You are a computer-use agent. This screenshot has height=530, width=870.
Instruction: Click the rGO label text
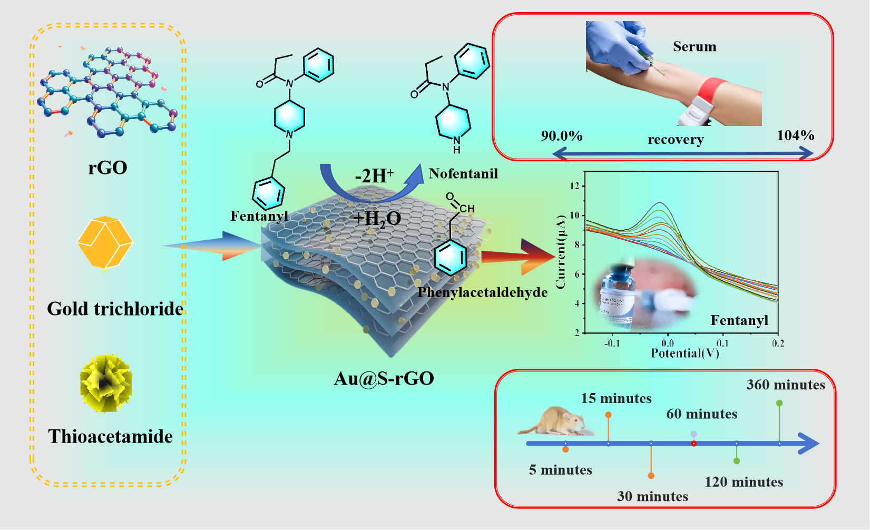(107, 168)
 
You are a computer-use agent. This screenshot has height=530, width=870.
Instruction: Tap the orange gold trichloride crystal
(105, 242)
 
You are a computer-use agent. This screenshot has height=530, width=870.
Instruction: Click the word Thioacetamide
(110, 436)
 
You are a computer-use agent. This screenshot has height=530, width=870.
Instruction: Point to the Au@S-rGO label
(384, 378)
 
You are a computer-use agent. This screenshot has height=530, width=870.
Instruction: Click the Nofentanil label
(463, 173)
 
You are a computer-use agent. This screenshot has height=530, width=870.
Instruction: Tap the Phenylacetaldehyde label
(482, 292)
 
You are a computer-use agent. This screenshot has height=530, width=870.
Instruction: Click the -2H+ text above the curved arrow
(374, 175)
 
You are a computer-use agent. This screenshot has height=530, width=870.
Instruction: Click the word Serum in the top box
(695, 47)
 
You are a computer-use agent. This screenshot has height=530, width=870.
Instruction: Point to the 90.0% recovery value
(562, 136)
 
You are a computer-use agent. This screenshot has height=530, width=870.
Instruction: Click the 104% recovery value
(795, 135)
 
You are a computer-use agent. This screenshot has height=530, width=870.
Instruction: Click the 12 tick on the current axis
(574, 186)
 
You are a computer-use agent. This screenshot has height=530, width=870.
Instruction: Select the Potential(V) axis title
(685, 353)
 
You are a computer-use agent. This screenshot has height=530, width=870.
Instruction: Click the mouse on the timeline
(554, 421)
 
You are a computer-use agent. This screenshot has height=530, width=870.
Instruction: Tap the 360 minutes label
(785, 385)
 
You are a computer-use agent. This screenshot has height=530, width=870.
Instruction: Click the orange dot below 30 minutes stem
(651, 476)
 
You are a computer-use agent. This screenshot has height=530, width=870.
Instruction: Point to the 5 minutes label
(560, 470)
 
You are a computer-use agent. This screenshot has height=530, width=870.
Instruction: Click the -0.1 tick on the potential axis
(611, 343)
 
